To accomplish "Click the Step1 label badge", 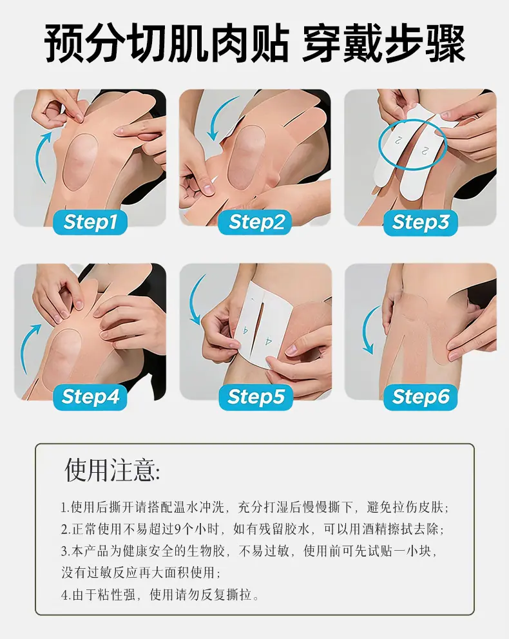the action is click(x=90, y=222).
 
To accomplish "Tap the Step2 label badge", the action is click(x=255, y=222).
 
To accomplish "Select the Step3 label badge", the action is click(x=420, y=222).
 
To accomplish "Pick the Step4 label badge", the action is click(x=90, y=397).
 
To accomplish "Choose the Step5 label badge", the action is click(x=256, y=397).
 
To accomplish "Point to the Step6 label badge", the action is click(x=421, y=397).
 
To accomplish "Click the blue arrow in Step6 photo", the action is click(x=365, y=330).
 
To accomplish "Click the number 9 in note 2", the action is click(x=177, y=529).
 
